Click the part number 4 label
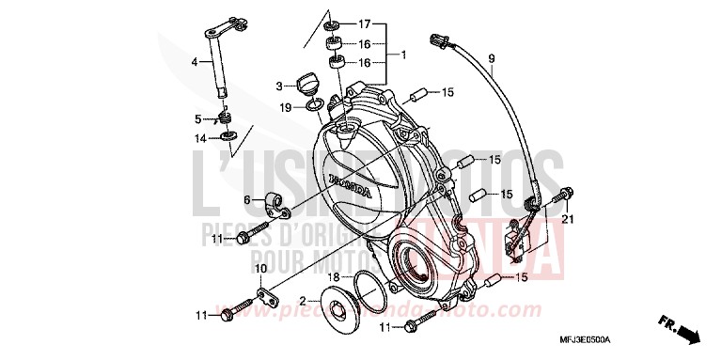pos(196,62)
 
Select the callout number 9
pos(491,60)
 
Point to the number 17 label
pos(365,23)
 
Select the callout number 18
pos(333,278)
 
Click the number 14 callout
pos(199,139)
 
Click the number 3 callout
pos(279,86)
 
